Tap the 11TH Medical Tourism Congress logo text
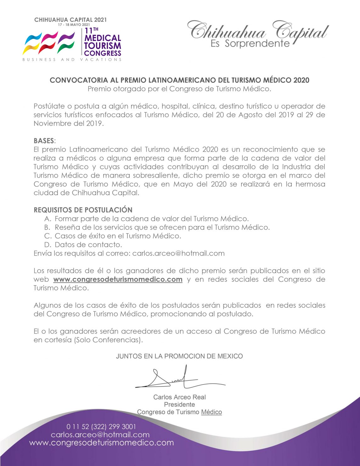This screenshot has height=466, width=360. tap(103, 42)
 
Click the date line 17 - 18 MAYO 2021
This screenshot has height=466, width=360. tap(74, 25)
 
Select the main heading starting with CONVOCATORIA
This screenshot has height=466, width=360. tap(179, 80)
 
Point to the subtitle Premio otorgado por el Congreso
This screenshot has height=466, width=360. tap(179, 89)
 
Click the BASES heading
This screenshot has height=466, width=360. tap(44, 141)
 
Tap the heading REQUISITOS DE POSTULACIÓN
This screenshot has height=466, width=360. tap(83, 210)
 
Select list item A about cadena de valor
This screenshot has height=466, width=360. tap(151, 219)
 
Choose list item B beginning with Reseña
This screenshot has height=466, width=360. tap(162, 227)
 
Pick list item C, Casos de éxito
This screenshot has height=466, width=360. tap(118, 236)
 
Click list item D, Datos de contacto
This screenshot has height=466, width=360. tap(88, 245)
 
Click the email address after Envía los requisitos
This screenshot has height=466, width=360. tap(178, 253)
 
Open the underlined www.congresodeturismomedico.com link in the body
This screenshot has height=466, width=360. tap(118, 279)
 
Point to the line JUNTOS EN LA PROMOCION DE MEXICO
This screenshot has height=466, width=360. tap(179, 356)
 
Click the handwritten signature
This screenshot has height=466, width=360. tap(176, 378)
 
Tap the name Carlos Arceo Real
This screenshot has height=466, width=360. tap(179, 397)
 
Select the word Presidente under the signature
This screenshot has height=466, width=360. tap(179, 404)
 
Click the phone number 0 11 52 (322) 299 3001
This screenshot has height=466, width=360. tap(101, 427)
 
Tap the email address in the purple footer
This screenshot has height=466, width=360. tap(100, 435)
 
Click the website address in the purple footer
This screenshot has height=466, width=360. tap(101, 443)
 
